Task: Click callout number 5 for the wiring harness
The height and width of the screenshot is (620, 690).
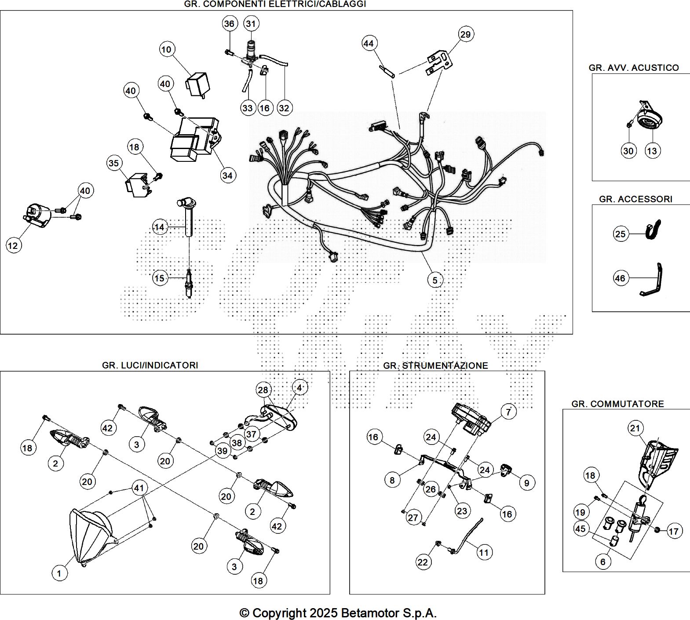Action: click(434, 280)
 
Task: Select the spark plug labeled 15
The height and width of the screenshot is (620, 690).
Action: click(189, 283)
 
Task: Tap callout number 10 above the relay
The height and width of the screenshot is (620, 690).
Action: click(166, 49)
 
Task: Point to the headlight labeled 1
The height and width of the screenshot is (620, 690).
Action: click(90, 536)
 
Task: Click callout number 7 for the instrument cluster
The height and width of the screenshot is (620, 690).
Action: click(508, 412)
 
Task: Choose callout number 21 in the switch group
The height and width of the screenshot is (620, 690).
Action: click(635, 428)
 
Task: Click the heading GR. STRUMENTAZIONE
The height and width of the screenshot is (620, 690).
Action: click(435, 365)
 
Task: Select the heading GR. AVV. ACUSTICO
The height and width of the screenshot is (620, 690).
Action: click(633, 68)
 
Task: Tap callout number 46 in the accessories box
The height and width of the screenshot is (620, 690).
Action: click(620, 278)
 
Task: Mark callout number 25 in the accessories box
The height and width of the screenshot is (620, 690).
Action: click(620, 233)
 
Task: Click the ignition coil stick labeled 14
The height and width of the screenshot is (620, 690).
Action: click(189, 220)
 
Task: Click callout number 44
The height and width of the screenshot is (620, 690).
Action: click(369, 43)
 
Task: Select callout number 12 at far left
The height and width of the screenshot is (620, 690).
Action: click(13, 245)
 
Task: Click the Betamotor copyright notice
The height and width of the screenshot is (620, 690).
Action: click(338, 613)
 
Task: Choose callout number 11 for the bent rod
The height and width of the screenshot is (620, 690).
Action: click(484, 552)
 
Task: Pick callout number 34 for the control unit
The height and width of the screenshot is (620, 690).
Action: click(227, 175)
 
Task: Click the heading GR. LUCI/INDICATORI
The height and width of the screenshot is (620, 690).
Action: click(150, 365)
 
